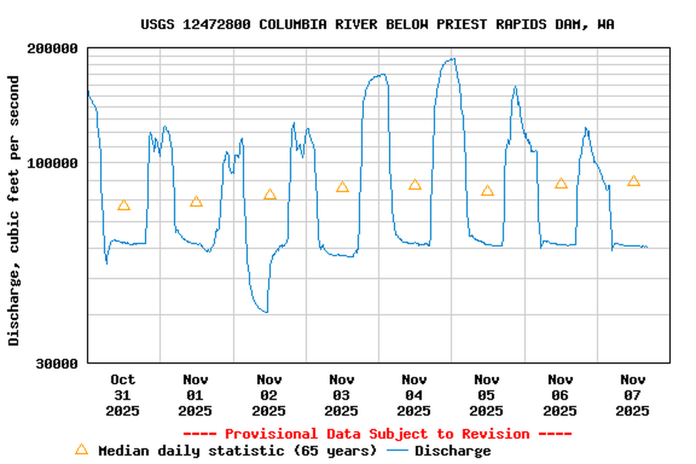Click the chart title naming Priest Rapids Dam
click(377, 24)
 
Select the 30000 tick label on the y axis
click(56, 363)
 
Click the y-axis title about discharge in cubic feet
click(14, 211)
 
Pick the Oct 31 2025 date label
click(123, 395)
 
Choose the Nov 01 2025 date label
click(195, 395)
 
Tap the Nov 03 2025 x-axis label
click(341, 395)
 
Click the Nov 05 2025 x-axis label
click(487, 395)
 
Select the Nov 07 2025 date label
click(633, 395)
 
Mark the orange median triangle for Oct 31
click(124, 205)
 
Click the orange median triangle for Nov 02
click(270, 195)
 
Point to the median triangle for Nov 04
click(415, 184)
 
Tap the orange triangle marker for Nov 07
click(634, 181)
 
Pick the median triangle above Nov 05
click(487, 190)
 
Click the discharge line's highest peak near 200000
click(452, 59)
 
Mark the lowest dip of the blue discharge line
click(266, 312)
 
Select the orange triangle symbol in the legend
click(81, 450)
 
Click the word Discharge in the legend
click(452, 451)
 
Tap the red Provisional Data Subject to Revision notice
click(377, 434)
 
